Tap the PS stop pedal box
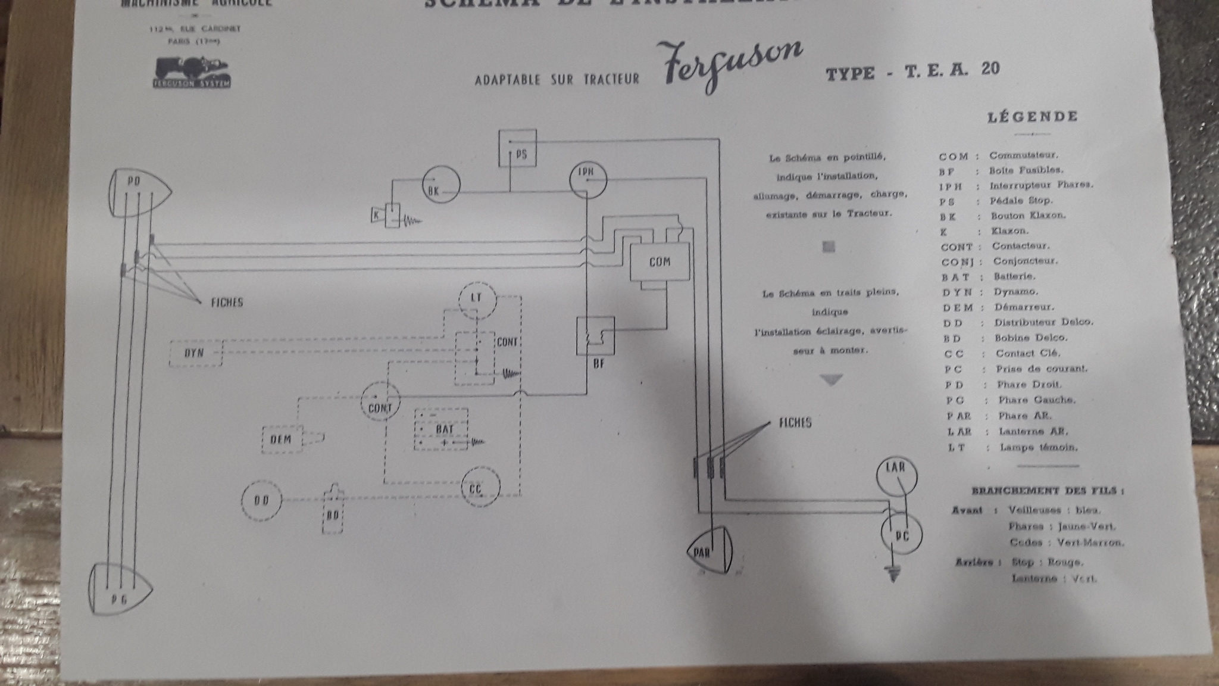(517, 148)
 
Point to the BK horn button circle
(440, 185)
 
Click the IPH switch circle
(587, 179)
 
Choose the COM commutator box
(659, 261)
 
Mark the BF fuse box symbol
(595, 336)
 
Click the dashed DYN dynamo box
(195, 353)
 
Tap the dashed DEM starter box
(282, 439)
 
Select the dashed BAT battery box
(441, 429)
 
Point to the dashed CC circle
(480, 487)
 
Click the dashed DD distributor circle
(261, 502)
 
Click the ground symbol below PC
(891, 575)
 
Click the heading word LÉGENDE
(1032, 116)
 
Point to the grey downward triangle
(832, 379)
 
